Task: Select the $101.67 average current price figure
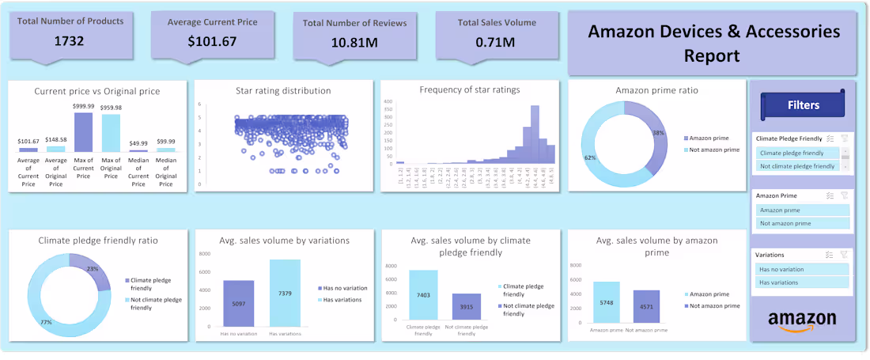pos(212,41)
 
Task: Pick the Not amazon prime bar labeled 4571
pos(647,305)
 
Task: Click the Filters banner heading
pos(803,104)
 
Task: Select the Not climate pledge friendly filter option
pos(797,166)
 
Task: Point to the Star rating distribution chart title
pos(283,91)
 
